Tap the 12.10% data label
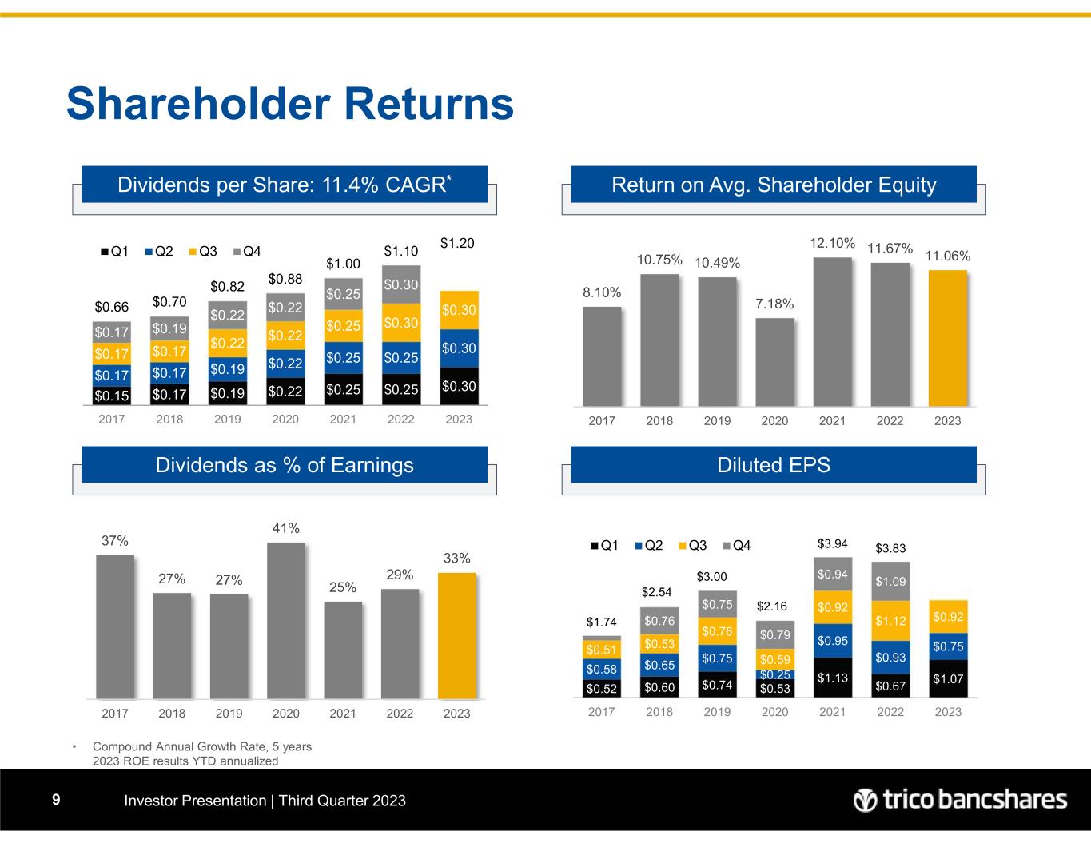pyautogui.click(x=832, y=243)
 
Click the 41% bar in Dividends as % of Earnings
pyautogui.click(x=286, y=619)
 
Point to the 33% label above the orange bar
pyautogui.click(x=457, y=559)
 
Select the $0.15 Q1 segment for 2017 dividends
pyautogui.click(x=111, y=395)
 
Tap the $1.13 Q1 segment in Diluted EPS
pyautogui.click(x=832, y=678)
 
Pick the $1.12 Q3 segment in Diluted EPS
pyautogui.click(x=890, y=620)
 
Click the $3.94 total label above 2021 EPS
pyautogui.click(x=832, y=544)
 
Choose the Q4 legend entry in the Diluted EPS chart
pyautogui.click(x=737, y=546)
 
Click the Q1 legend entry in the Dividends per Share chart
pyautogui.click(x=117, y=252)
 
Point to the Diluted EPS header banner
pyautogui.click(x=773, y=465)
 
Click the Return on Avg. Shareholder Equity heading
pyautogui.click(x=773, y=185)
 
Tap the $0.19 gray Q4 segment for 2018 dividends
pyautogui.click(x=169, y=327)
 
